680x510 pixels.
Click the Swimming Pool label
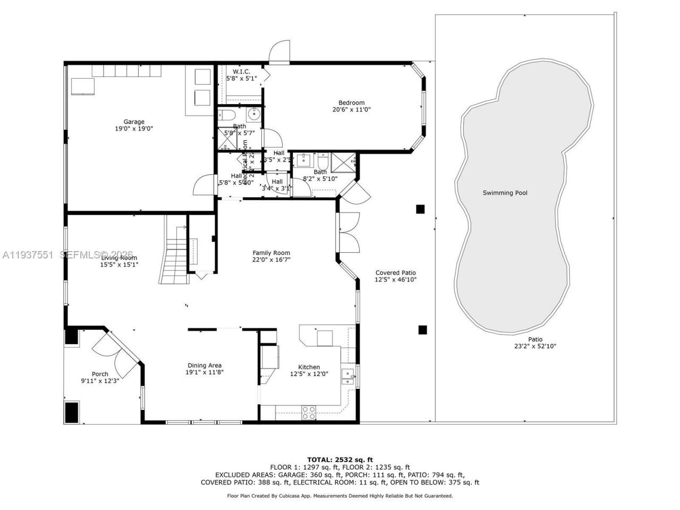(x=505, y=193)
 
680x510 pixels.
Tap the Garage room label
(x=134, y=122)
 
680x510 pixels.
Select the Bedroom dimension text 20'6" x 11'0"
(x=351, y=110)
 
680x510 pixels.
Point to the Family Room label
(x=271, y=253)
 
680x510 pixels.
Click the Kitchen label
(x=309, y=367)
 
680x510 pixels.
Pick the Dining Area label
(x=204, y=365)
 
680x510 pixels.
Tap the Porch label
(x=100, y=374)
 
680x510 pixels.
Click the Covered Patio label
(x=395, y=273)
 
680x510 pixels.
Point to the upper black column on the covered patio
(x=420, y=209)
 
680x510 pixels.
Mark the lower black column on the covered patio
(x=422, y=330)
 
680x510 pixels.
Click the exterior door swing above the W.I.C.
(x=279, y=52)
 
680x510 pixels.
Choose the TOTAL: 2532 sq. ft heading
(x=340, y=460)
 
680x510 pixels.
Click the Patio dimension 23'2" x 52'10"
(x=535, y=346)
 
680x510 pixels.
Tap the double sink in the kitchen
(x=348, y=376)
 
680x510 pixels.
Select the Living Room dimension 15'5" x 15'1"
(x=119, y=265)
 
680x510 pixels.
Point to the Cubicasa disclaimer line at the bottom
(x=340, y=496)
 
